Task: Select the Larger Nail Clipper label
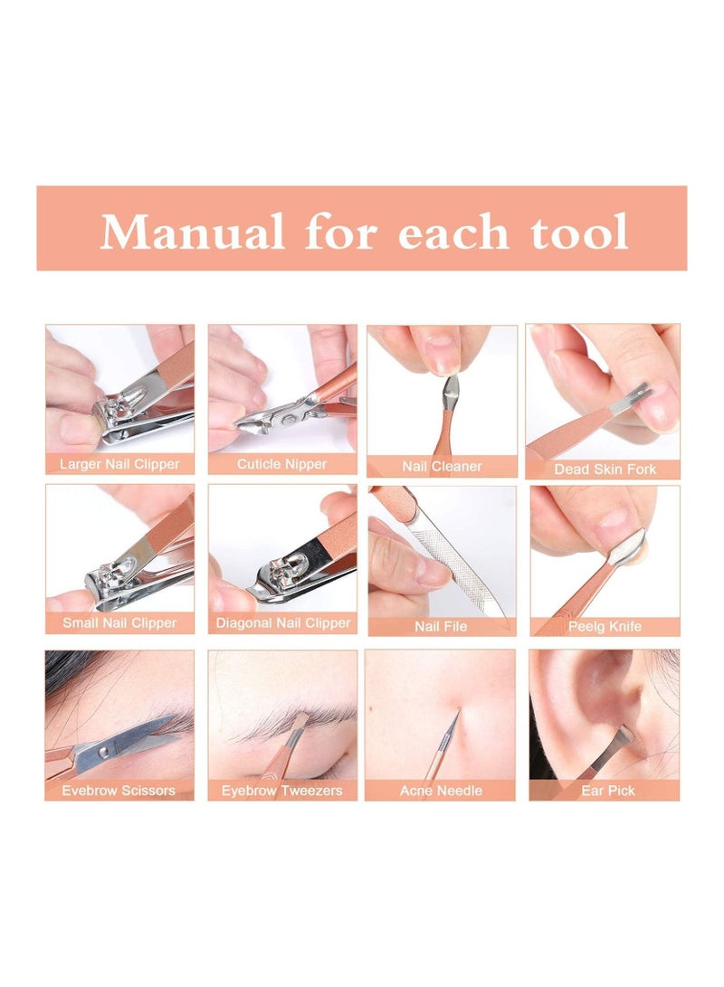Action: [119, 465]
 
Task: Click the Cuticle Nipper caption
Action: [281, 465]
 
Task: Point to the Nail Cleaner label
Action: [442, 467]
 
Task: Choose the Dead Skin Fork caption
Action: [605, 470]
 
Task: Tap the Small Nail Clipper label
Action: [119, 623]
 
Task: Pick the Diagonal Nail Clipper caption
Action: [281, 623]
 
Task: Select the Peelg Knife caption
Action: [605, 626]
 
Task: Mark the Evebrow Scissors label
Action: [119, 791]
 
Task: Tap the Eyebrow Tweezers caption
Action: [281, 791]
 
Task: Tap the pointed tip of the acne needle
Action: [458, 712]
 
